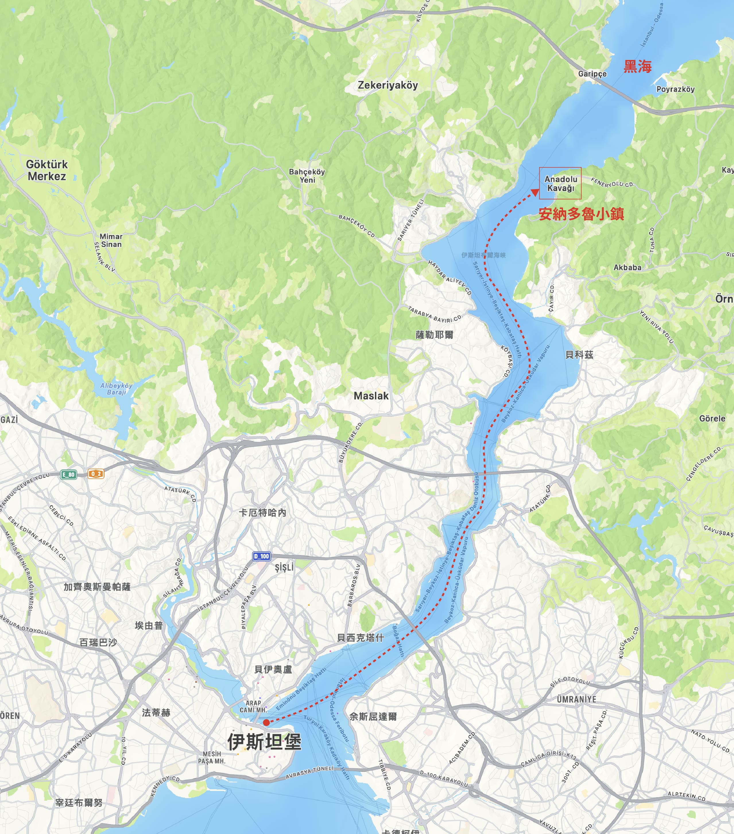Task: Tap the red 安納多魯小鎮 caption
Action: [581, 214]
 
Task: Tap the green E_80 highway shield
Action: [69, 474]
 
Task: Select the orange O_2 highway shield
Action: [96, 474]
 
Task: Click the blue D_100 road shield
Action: [262, 556]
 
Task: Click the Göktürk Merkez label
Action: [47, 170]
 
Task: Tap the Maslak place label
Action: [371, 395]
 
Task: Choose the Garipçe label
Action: [592, 74]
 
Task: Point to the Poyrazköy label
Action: [675, 89]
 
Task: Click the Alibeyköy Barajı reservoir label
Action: [116, 388]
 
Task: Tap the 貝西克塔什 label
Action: [360, 637]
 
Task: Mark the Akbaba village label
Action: [627, 268]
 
